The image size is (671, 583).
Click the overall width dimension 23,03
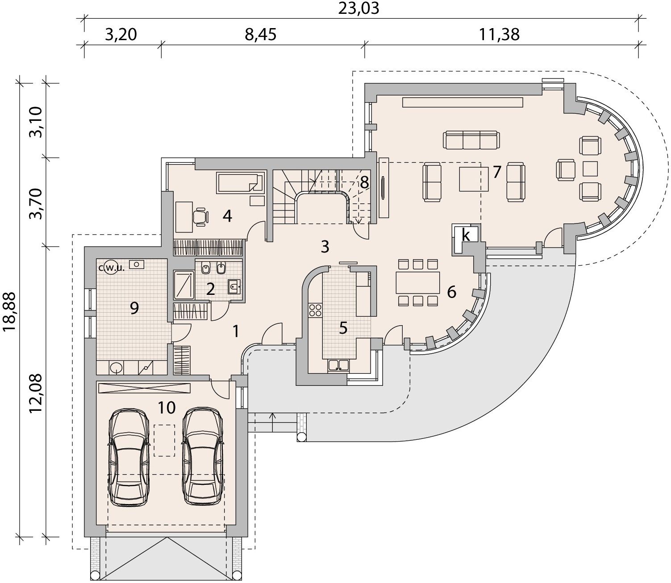[358, 8]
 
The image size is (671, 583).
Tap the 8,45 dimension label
[261, 35]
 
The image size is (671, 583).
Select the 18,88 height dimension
[9, 312]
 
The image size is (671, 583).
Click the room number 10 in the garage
[167, 408]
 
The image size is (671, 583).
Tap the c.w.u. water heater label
[112, 268]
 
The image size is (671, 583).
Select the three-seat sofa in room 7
[471, 140]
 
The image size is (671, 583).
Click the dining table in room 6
[417, 282]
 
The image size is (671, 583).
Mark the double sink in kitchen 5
[338, 365]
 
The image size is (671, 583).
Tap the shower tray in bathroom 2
[183, 285]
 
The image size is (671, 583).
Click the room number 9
[134, 308]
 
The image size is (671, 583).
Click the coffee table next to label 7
[474, 179]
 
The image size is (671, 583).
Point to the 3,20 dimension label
[121, 35]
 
